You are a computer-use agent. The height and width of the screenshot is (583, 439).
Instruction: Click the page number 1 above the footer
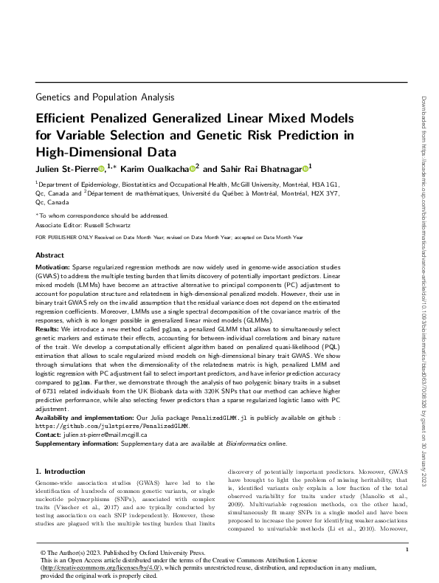(407, 548)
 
